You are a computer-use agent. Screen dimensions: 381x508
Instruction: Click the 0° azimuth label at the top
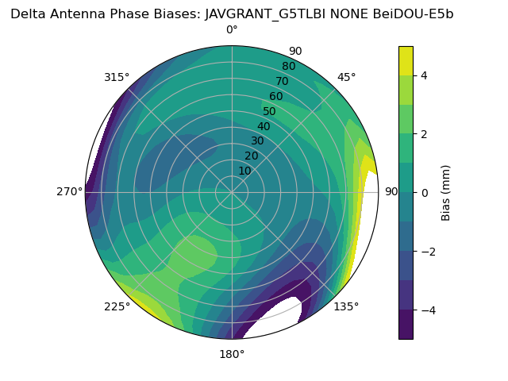pos(232,30)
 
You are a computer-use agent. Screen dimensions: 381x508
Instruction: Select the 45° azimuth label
pos(346,77)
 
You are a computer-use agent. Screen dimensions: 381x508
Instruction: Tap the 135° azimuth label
pos(346,306)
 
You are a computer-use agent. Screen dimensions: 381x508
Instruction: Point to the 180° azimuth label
pos(232,354)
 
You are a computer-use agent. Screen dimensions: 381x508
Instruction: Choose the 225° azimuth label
pos(117,306)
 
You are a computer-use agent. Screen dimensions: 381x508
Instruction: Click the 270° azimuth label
pos(69,191)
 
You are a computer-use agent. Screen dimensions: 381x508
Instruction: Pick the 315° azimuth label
pos(117,77)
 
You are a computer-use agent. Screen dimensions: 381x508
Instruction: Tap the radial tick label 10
pos(244,171)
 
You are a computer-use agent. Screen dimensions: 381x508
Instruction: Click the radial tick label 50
pos(269,111)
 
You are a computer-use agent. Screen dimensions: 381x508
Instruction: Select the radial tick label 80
pos(288,66)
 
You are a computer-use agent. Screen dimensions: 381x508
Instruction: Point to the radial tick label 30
pos(257,140)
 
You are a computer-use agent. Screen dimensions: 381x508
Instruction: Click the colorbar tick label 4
pos(423,75)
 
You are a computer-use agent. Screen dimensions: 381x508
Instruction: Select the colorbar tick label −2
pos(426,251)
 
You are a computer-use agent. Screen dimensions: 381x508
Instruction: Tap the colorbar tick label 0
pos(423,192)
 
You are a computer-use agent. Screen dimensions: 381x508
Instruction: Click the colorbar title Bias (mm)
pos(446,192)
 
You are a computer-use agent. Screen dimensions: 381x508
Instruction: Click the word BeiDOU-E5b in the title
pos(414,13)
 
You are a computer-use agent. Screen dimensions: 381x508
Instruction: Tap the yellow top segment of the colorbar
pos(406,60)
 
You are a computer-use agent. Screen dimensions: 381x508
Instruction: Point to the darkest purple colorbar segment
pos(406,325)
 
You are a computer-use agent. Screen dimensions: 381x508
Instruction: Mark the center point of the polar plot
pos(232,192)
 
